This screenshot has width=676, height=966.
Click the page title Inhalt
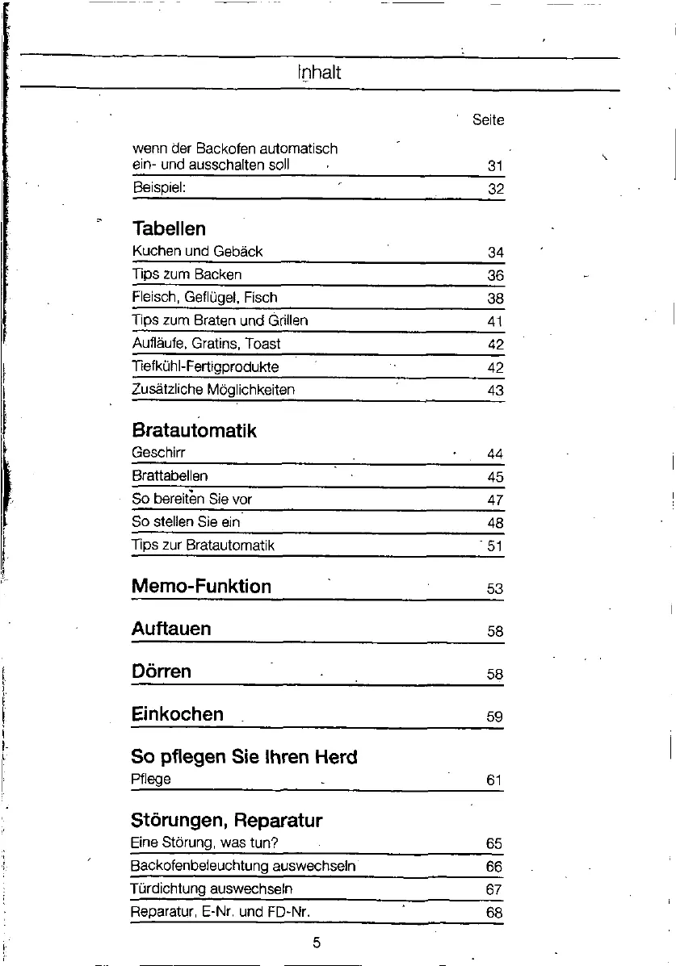click(319, 73)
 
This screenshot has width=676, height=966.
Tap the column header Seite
click(488, 120)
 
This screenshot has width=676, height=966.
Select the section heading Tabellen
click(168, 228)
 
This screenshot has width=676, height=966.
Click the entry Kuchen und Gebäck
click(197, 252)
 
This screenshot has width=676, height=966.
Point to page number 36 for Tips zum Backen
click(495, 276)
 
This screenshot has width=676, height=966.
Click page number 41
click(495, 322)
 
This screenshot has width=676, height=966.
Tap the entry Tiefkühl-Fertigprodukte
click(205, 366)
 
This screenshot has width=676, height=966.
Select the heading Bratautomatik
click(194, 430)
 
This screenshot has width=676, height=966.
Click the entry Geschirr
click(158, 454)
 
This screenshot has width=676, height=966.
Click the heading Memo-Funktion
click(201, 586)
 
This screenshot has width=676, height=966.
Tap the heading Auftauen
click(171, 628)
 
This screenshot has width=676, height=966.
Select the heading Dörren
click(161, 671)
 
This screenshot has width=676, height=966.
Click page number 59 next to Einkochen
click(495, 717)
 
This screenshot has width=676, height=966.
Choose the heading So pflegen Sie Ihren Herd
click(244, 757)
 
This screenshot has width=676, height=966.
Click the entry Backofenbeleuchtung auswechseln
click(243, 867)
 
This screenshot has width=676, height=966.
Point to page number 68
click(495, 914)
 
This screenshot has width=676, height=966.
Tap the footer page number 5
click(317, 943)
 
